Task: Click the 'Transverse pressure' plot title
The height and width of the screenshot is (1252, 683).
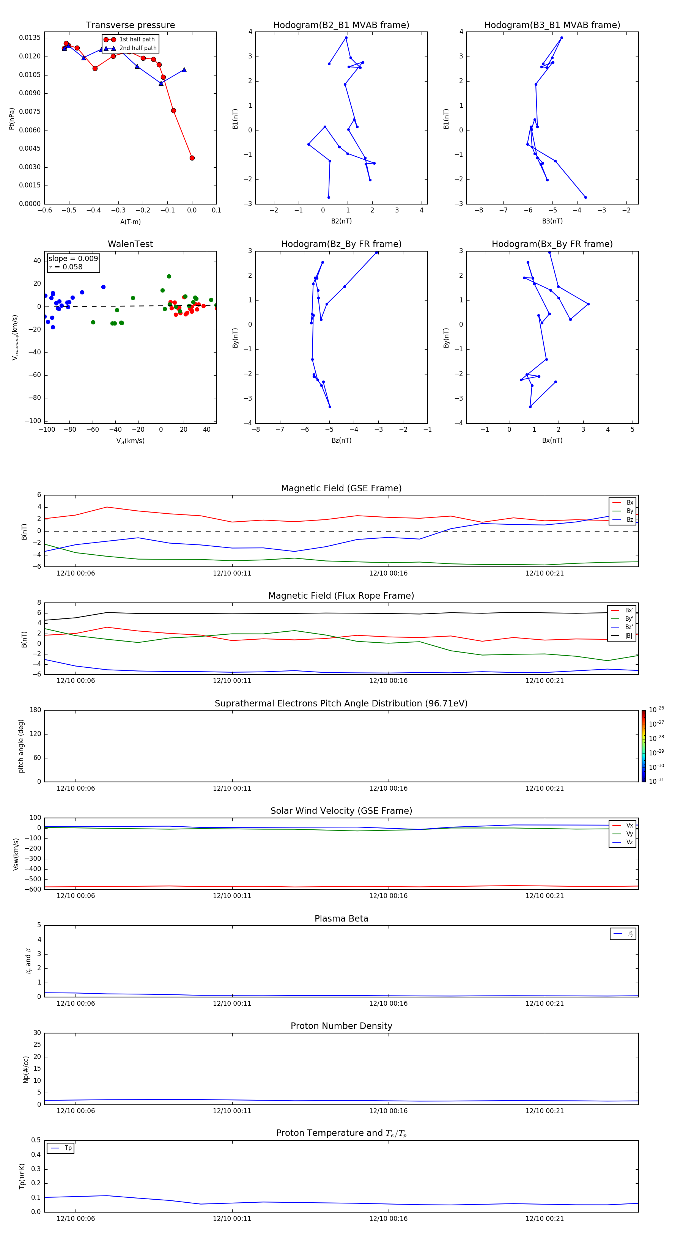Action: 130,25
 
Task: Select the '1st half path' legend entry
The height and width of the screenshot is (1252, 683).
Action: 137,39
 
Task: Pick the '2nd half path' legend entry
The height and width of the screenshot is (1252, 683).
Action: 138,48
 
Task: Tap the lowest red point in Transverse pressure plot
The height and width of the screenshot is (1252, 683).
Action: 192,158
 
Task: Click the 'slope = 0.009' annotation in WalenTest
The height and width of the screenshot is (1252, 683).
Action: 73,259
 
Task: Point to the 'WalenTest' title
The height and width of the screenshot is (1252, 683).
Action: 130,244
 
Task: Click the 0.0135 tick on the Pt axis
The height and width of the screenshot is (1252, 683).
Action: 30,38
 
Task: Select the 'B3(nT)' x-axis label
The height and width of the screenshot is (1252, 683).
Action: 552,221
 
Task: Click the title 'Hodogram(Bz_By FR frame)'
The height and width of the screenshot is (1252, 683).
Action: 341,244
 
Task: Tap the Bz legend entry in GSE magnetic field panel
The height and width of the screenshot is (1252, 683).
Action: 629,519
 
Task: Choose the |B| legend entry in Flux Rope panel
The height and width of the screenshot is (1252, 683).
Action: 629,636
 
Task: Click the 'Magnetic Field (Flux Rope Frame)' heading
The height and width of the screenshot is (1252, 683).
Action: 341,596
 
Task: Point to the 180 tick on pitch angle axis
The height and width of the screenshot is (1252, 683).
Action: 36,710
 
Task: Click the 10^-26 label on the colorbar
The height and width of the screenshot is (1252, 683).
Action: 656,709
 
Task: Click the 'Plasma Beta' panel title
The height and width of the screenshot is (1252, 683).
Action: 341,919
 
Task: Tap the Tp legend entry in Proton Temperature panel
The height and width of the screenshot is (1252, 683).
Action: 68,1148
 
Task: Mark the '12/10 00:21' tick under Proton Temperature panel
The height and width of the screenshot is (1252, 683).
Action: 545,1219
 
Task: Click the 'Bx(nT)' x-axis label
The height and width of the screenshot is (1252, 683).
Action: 552,440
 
